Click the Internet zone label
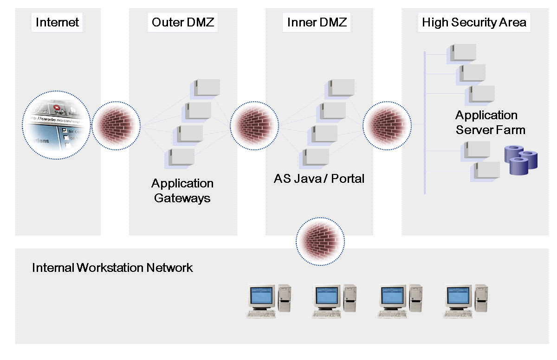click(x=58, y=22)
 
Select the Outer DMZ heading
click(x=183, y=22)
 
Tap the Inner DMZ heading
click(x=317, y=22)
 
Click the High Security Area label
click(x=474, y=22)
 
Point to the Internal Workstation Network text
click(x=112, y=268)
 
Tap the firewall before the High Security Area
click(x=387, y=125)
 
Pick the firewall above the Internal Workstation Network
click(x=321, y=241)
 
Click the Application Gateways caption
click(x=182, y=191)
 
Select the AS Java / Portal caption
click(x=319, y=178)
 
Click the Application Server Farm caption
click(x=490, y=122)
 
